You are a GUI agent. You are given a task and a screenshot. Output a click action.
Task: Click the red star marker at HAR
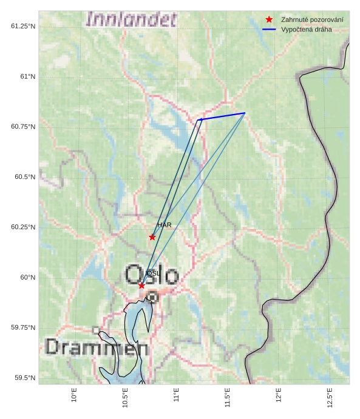click(152, 237)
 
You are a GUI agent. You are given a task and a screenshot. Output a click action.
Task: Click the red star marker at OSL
click(141, 286)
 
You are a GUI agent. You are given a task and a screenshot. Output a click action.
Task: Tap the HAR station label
click(165, 226)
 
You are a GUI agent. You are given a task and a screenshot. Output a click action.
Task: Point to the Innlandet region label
click(132, 19)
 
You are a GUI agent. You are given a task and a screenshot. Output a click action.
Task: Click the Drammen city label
click(97, 347)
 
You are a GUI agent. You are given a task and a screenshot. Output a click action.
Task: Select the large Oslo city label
click(152, 273)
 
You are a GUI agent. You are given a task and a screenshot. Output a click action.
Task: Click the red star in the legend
click(269, 20)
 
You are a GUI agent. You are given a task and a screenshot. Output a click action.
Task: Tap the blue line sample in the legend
click(269, 29)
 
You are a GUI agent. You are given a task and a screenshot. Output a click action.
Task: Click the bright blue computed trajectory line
click(222, 116)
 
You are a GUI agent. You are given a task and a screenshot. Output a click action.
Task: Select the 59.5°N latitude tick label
click(23, 378)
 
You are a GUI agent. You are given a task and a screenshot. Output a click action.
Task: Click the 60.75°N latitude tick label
click(21, 127)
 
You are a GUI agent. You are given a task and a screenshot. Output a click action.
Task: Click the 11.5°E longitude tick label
click(227, 397)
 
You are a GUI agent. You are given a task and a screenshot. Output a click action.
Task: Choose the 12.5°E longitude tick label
click(329, 397)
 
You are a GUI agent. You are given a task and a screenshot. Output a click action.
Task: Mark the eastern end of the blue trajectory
click(245, 113)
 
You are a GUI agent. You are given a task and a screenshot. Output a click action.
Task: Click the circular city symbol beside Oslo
click(152, 297)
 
